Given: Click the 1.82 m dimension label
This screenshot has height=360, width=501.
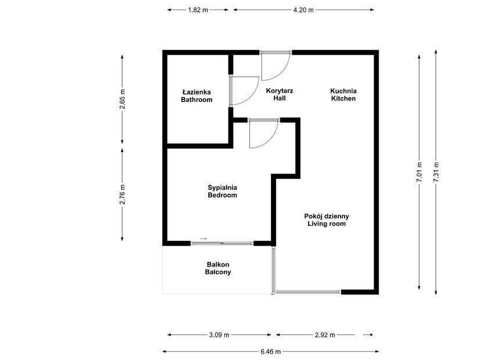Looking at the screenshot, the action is (198, 10).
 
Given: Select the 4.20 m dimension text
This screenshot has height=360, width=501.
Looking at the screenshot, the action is (303, 10).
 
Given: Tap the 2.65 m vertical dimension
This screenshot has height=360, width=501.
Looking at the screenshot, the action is (123, 99).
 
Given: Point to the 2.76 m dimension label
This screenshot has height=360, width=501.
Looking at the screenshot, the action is (123, 195).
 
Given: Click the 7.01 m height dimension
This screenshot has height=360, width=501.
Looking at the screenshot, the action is (419, 172).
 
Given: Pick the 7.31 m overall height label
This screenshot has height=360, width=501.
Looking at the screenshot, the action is (436, 172).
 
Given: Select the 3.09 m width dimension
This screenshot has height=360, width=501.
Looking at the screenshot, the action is (219, 335).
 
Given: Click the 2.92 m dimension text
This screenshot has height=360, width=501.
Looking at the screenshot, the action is (325, 335).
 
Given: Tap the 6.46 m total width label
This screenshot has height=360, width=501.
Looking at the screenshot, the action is (271, 352).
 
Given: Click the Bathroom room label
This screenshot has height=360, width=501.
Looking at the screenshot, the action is (196, 96).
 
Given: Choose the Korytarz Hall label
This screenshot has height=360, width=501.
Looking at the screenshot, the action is (280, 95).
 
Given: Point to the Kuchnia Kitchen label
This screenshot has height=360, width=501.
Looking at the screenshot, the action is (343, 95).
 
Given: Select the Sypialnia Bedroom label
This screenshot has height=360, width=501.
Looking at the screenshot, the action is (223, 191).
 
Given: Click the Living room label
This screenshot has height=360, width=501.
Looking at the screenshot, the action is (327, 220).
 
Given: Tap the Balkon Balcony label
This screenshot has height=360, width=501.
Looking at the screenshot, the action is (218, 268).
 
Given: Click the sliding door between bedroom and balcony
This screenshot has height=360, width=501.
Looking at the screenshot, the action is (222, 243).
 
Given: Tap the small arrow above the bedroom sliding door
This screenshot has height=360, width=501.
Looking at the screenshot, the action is (203, 239).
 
